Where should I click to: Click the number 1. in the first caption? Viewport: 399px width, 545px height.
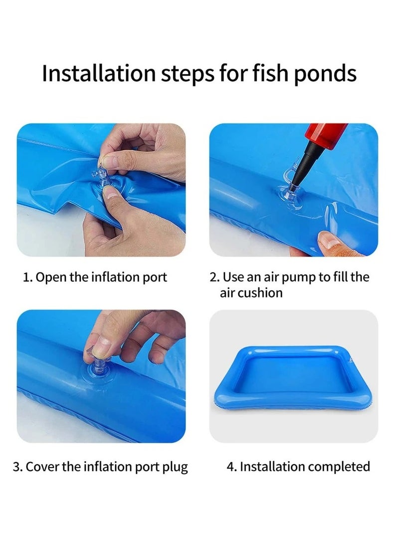point(27,277)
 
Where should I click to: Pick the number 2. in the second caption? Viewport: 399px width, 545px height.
point(214,277)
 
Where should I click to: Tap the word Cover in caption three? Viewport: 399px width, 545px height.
point(41,467)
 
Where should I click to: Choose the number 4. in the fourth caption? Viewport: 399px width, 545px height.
point(231,467)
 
